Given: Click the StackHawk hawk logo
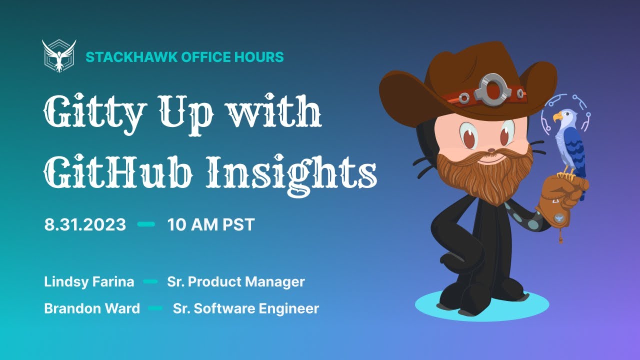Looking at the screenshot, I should pos(59,56).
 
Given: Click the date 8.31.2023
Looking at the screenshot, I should pos(85,224).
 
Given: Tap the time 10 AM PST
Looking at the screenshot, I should pos(211,224).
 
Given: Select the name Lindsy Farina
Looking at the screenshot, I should pos(89,282).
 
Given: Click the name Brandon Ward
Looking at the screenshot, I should pos(92,308).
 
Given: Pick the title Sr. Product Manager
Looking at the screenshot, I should pos(236,282).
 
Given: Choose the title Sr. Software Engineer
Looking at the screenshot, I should pos(246,308).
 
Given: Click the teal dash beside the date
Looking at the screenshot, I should pos(146,224).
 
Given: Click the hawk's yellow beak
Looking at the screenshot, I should pos(556,117).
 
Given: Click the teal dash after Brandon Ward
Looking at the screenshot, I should pos(155,308).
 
